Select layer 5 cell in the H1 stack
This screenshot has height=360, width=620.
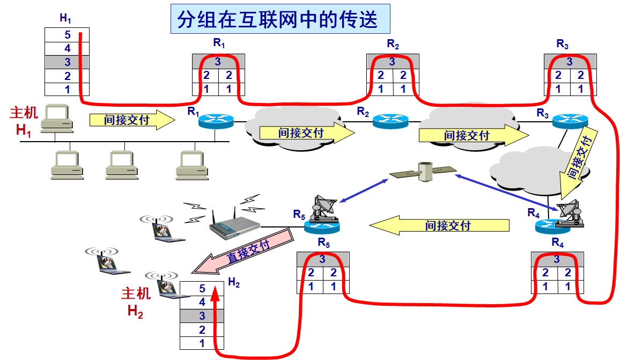pos(67,35)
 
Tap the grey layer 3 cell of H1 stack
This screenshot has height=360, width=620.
pos(67,62)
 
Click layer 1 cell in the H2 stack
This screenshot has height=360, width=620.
pos(202,343)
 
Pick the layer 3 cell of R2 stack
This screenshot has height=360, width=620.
pos(392,62)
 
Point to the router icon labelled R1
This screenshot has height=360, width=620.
pos(216,120)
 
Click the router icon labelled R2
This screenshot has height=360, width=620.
pos(390,121)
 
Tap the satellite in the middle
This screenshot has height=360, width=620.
pos(423,173)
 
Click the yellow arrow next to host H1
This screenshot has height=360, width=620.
pos(132,120)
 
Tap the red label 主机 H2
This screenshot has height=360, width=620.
pos(135,302)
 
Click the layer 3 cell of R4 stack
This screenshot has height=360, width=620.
pos(556,259)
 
